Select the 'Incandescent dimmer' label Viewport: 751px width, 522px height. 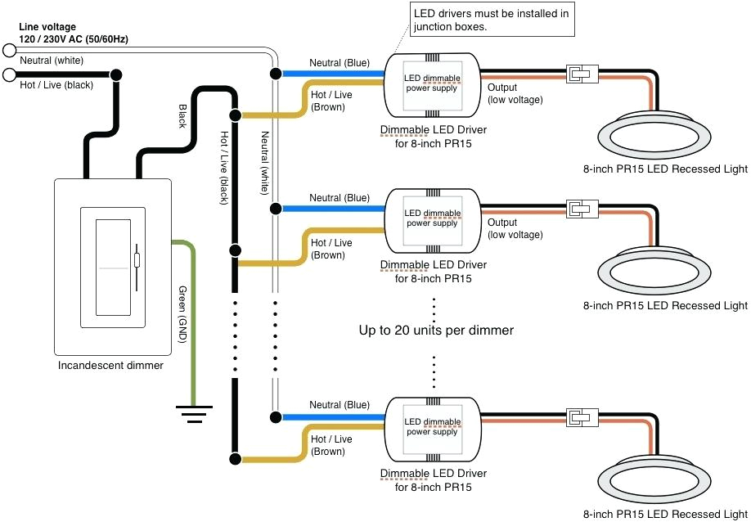[110, 365]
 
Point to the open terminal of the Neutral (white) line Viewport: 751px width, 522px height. [10, 51]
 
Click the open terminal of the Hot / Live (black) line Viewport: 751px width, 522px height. [10, 75]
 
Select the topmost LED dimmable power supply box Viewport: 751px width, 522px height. [432, 83]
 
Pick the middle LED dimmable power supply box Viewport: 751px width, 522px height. [432, 218]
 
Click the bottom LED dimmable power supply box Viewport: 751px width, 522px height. [432, 426]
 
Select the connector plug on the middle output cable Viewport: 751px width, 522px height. [582, 209]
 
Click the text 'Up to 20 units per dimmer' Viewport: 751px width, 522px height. [436, 331]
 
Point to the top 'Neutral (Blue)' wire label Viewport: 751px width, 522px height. [339, 63]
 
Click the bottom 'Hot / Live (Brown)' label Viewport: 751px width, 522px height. [331, 445]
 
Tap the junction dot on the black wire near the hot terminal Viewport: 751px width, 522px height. [117, 75]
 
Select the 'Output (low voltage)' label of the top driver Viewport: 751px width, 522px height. [515, 92]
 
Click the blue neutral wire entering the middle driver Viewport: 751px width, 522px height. [335, 209]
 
